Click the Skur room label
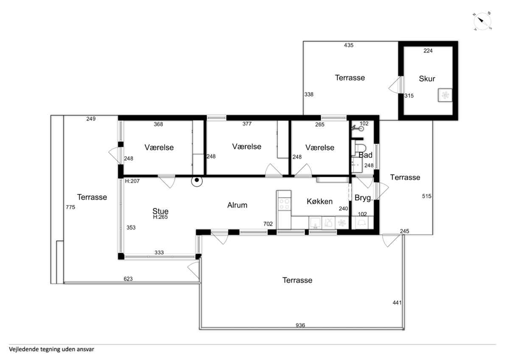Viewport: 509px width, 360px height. [427, 79]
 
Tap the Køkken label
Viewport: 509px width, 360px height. [319, 201]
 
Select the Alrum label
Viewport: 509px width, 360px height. [237, 205]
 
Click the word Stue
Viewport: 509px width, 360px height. [160, 211]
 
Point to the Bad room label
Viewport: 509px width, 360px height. [365, 155]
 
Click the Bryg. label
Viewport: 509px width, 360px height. [364, 198]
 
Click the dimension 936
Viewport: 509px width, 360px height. [300, 325]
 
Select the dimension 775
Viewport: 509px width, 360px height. [70, 207]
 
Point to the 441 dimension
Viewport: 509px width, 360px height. [397, 303]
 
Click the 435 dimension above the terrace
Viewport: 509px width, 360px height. [349, 45]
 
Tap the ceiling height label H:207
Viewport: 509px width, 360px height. [132, 181]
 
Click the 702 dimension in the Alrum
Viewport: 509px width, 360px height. [268, 224]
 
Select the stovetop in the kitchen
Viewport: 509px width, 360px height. [284, 204]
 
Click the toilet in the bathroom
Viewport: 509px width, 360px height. [359, 148]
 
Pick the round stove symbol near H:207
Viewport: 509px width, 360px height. [197, 181]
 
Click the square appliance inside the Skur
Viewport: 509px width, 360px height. [445, 95]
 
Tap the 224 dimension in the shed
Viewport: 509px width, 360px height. [428, 51]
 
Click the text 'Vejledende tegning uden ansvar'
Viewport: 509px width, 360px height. [51, 349]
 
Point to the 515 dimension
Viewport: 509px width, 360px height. [427, 196]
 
